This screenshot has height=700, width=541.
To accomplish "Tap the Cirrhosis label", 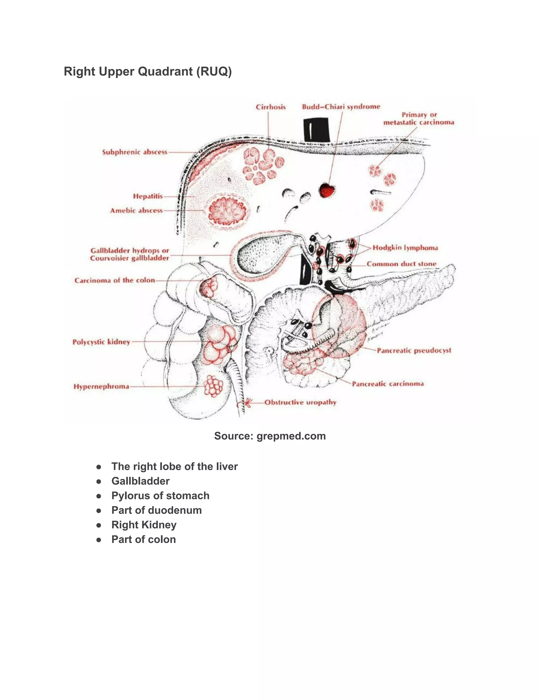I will (270, 107).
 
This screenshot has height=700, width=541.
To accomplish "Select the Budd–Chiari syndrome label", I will (341, 106).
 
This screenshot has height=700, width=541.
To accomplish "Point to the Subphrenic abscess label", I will (135, 152).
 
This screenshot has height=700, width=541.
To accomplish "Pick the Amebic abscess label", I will (137, 211).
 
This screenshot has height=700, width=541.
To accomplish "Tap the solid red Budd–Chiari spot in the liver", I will (327, 190).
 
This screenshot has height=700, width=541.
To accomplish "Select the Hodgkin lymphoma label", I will (405, 248).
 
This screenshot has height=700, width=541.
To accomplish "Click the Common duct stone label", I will (402, 264).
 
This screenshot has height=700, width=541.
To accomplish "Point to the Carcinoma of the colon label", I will (115, 281).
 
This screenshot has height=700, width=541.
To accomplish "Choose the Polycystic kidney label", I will (101, 342).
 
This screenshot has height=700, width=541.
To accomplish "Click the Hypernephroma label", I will (101, 386).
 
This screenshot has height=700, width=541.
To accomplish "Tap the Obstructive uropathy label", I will (300, 402).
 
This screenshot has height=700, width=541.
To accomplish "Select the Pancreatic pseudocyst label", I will (414, 350).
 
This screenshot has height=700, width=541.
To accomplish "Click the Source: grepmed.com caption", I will (270, 436).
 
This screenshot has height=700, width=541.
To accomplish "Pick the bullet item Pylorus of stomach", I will (160, 496).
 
